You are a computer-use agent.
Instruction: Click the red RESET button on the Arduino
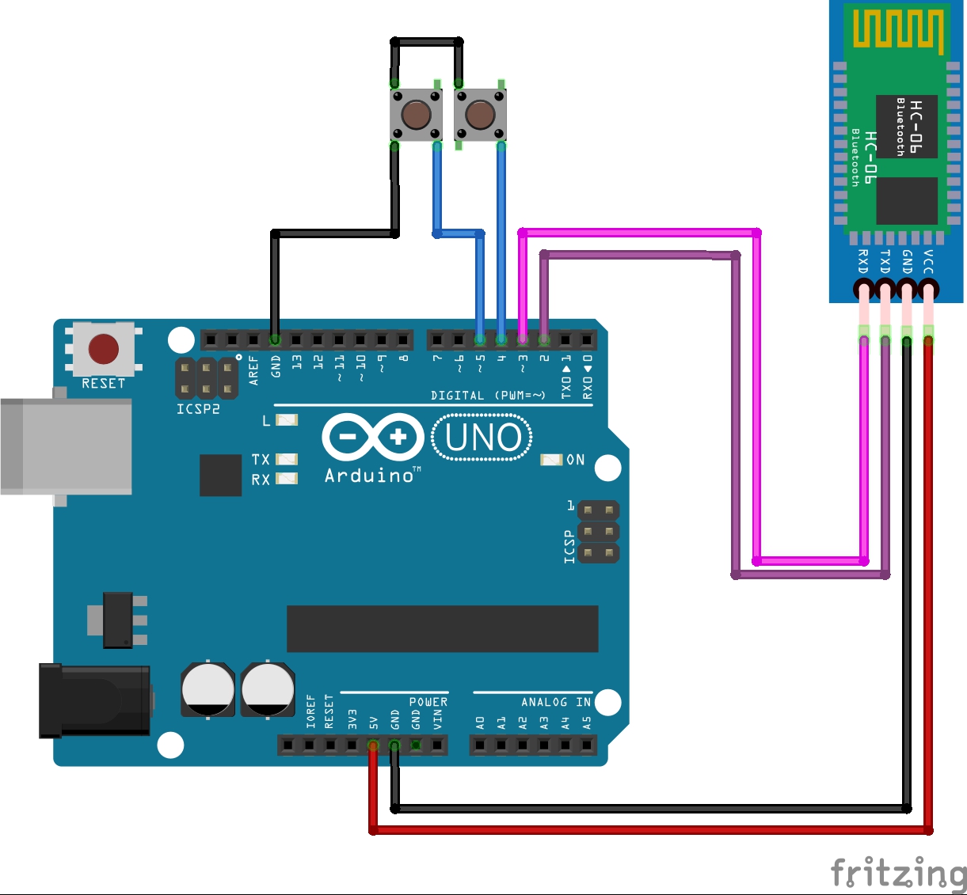(104, 349)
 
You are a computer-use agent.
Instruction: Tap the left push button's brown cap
(416, 115)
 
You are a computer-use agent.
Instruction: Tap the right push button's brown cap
(480, 115)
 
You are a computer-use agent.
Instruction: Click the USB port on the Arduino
(67, 446)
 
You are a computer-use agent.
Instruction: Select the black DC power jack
(95, 700)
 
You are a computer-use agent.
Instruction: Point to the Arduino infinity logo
(373, 437)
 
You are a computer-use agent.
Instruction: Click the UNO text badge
(482, 438)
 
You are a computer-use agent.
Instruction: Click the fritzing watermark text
(898, 873)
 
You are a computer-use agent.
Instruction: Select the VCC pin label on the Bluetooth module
(928, 261)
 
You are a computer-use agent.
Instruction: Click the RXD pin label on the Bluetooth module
(863, 261)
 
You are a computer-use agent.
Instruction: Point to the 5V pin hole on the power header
(373, 745)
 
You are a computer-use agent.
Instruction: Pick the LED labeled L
(286, 420)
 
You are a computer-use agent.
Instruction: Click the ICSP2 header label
(198, 409)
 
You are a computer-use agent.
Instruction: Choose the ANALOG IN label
(555, 702)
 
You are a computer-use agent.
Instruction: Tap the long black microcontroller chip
(442, 629)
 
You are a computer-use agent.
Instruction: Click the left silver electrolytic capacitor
(207, 689)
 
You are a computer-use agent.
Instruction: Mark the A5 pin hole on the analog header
(587, 745)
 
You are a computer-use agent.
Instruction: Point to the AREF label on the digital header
(253, 370)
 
